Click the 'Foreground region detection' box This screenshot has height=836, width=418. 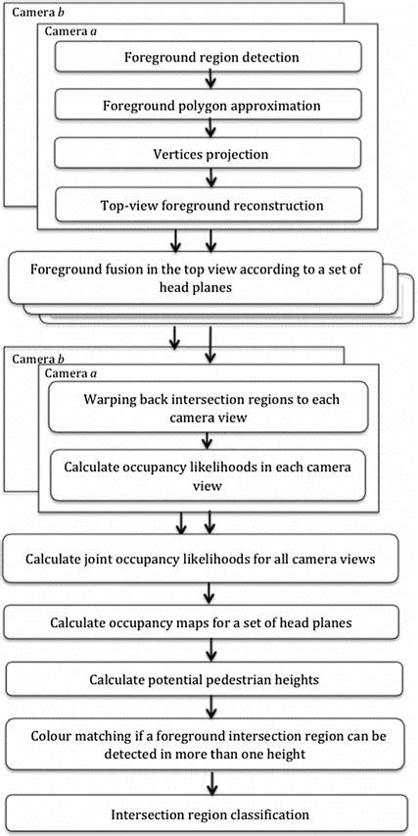(x=210, y=57)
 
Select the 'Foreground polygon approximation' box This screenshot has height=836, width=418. (x=210, y=105)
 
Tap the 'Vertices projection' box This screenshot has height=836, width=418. (x=210, y=155)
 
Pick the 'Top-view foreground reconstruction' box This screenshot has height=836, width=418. (x=210, y=205)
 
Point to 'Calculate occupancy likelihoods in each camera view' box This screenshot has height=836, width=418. (x=211, y=474)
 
